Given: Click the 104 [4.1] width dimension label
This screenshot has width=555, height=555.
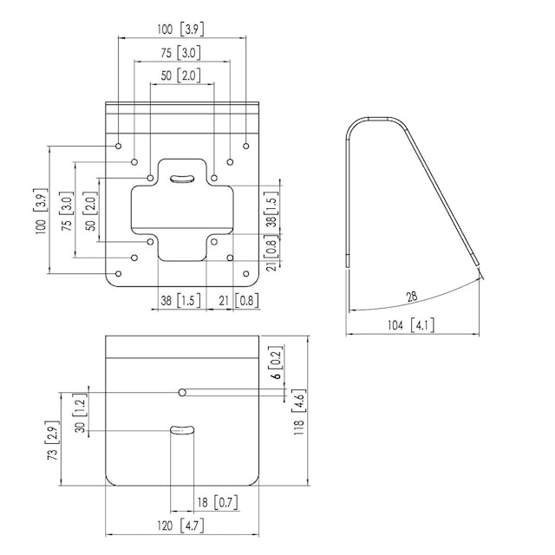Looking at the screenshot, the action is [x=411, y=325].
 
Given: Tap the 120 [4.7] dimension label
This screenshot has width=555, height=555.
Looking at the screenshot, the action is [x=180, y=526].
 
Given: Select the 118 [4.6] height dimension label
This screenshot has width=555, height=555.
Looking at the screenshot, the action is [x=298, y=412].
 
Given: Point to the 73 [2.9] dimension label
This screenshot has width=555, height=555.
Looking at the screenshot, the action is [x=53, y=441].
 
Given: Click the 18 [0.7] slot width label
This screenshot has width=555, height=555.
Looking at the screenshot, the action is [x=218, y=502].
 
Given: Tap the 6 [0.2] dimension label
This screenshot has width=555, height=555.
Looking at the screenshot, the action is [x=277, y=362].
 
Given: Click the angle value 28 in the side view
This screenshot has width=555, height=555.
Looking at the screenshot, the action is [x=412, y=297].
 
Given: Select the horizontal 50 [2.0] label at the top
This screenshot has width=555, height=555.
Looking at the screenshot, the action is [x=180, y=75].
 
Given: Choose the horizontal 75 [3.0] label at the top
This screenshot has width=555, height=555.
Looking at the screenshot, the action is [x=180, y=53].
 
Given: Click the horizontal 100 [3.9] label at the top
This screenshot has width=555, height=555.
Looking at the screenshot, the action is [x=180, y=29].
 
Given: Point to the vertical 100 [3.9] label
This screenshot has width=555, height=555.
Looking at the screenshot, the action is [x=41, y=211].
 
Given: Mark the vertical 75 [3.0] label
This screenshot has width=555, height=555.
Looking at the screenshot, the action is [x=67, y=212].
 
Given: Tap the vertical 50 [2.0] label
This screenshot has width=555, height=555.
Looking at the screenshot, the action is [x=90, y=212].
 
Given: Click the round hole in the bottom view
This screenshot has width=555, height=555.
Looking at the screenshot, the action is [x=182, y=392].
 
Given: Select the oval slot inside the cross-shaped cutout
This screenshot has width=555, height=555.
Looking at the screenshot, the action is [x=182, y=179].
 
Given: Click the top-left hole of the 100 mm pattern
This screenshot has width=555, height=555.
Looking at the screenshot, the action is [x=119, y=146].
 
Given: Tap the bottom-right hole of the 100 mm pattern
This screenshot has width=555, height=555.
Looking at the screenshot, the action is [x=246, y=274].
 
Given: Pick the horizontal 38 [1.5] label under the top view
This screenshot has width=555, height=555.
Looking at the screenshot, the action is [x=180, y=301].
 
